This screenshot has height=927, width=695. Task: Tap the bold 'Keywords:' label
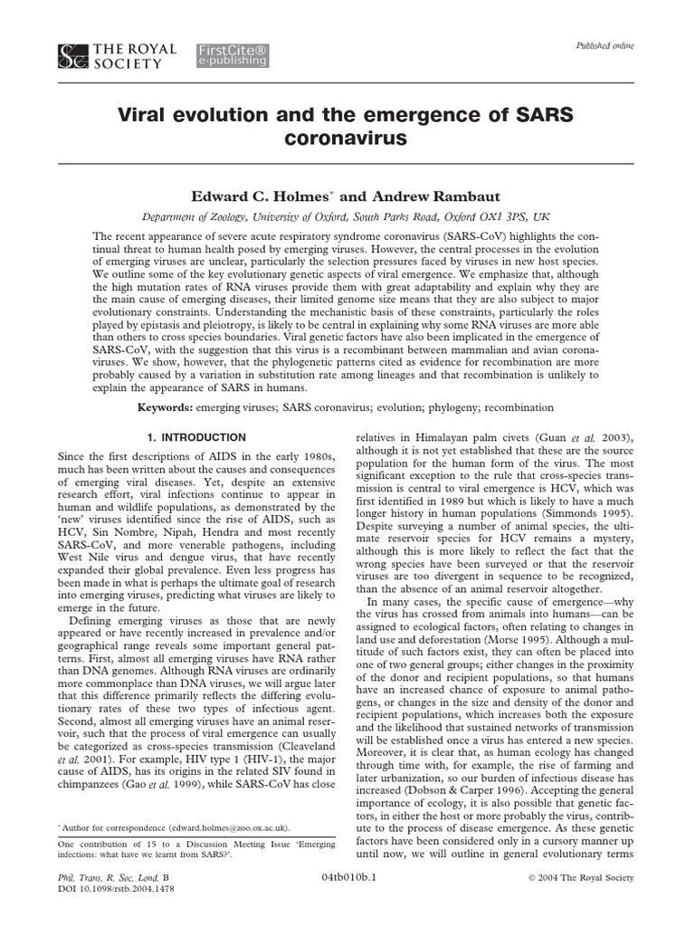coord(167,407)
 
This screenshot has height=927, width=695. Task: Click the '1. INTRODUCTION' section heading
coord(196,437)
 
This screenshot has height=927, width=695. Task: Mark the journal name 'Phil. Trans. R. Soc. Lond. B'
coord(112,877)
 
